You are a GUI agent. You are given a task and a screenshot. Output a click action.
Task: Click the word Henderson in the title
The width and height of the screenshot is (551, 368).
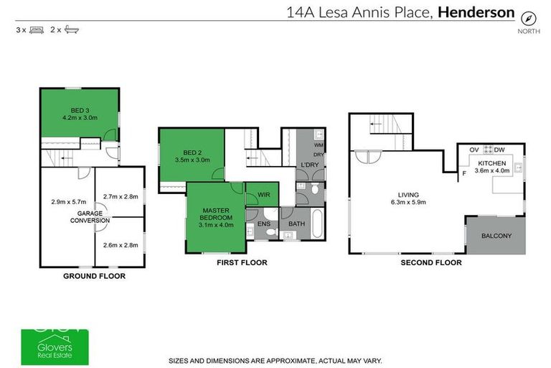point(476,11)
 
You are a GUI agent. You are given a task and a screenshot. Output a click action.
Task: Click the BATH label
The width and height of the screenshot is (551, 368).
point(296,224)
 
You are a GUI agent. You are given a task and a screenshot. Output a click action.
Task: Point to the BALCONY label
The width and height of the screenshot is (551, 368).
point(496,235)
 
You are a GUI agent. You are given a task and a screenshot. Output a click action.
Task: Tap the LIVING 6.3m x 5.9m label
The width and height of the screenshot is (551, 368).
point(409,198)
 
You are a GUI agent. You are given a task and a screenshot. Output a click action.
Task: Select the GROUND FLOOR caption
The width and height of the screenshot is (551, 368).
point(94,276)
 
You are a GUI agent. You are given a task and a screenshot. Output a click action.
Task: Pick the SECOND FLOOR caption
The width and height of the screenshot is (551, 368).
point(430,263)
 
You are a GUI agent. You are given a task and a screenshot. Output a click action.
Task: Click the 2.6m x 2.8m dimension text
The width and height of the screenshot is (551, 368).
point(121,245)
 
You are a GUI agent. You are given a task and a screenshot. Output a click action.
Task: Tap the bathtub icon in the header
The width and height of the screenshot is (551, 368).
point(71,30)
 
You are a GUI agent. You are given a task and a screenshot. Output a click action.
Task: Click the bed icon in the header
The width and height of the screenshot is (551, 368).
point(36,30)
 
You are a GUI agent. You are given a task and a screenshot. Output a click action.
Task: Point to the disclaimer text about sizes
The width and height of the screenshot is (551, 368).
point(275,360)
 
